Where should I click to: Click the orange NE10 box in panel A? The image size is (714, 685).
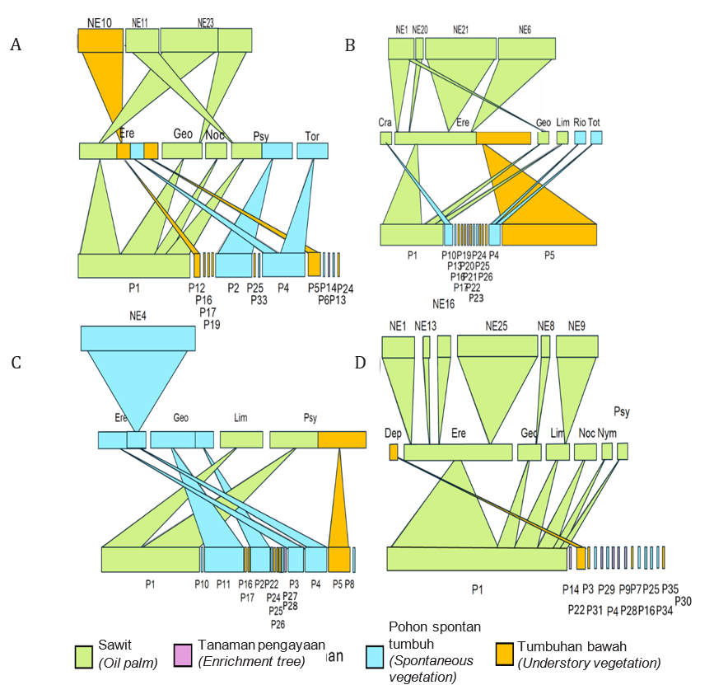tap(100, 40)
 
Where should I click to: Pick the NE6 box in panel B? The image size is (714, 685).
tap(525, 49)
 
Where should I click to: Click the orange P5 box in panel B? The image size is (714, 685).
tap(548, 235)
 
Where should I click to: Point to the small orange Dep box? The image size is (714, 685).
tap(394, 452)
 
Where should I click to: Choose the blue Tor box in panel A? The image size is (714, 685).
tap(312, 151)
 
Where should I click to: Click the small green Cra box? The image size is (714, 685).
tap(385, 138)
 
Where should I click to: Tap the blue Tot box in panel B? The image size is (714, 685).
tap(596, 137)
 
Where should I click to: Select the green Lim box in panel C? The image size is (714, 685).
tap(240, 439)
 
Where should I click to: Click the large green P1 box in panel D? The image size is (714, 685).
tap(476, 559)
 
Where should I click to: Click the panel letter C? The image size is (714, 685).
tap(16, 363)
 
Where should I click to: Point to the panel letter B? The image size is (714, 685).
tap(350, 45)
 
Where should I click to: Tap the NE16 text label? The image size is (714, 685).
tap(444, 304)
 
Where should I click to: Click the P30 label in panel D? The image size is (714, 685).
tap(683, 601)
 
